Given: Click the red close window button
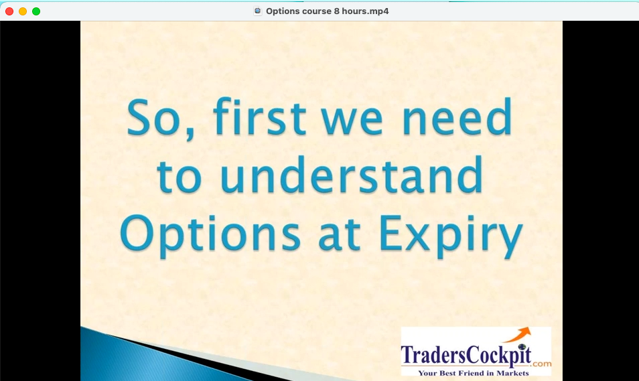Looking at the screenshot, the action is click(9, 11).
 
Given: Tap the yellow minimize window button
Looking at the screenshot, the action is click(23, 11).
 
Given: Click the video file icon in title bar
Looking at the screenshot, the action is click(258, 11).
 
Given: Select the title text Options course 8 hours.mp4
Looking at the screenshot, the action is click(328, 11).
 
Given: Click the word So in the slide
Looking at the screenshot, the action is click(153, 117).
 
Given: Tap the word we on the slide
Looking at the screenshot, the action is click(352, 121).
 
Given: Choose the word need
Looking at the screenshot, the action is click(457, 116).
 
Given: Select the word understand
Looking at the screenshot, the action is click(352, 174).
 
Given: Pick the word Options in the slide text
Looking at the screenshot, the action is click(210, 235).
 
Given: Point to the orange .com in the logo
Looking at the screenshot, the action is click(542, 364).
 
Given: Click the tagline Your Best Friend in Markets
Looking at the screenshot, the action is click(473, 373).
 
